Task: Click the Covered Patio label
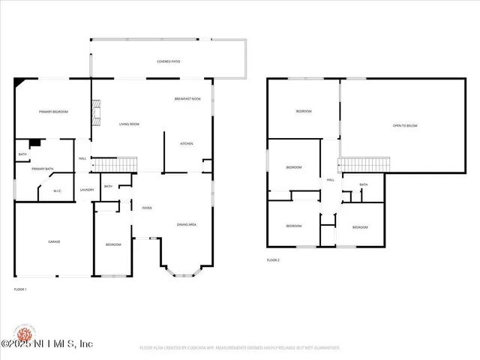[169, 61]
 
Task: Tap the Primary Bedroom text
[53, 112]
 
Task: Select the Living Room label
[129, 124]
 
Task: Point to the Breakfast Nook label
[187, 99]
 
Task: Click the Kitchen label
[187, 143]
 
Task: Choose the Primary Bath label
[43, 169]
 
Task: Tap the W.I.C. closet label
[57, 190]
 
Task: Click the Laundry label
[86, 190]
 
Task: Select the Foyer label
[147, 207]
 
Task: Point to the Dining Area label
[187, 224]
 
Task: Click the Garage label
[54, 241]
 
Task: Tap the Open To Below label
[405, 125]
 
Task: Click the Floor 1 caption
[20, 289]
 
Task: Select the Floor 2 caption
[273, 259]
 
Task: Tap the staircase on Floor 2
[365, 163]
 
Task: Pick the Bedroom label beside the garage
[113, 244]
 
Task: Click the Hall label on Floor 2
[330, 180]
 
